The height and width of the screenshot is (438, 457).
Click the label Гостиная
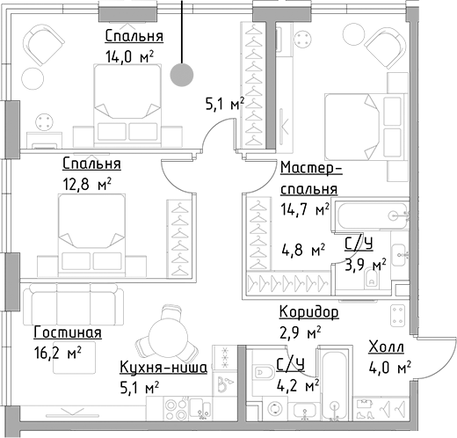68,333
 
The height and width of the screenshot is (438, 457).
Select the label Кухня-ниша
164,368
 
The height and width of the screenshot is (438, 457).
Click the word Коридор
308,312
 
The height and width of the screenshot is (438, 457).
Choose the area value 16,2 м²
57,352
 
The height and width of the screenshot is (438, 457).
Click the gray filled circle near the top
182,76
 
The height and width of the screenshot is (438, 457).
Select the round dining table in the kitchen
164,334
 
